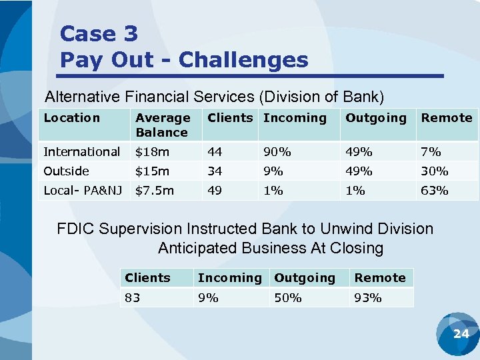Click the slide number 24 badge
[461, 333]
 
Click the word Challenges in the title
[243, 60]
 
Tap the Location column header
[71, 118]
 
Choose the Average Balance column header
[162, 125]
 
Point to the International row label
[81, 152]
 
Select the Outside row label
[66, 171]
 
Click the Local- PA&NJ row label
[83, 191]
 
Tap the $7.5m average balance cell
[154, 191]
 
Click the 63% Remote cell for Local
[434, 191]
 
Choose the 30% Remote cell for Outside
[434, 171]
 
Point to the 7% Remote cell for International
[431, 152]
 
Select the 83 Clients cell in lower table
[133, 298]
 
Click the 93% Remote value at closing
[368, 298]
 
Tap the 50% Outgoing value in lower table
[288, 298]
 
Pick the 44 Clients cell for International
[215, 152]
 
